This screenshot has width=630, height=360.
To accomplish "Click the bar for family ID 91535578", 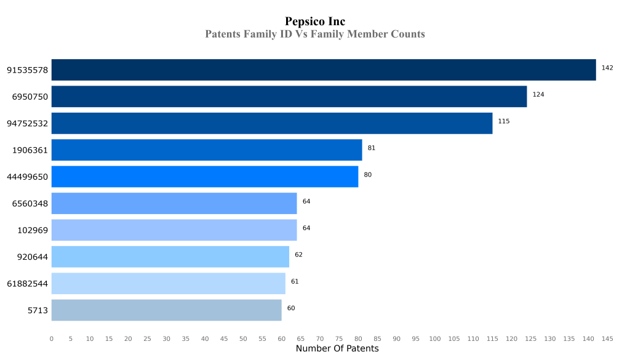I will (x=324, y=70).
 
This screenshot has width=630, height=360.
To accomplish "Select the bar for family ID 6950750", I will (x=289, y=97).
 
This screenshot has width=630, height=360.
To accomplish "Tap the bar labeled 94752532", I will (x=272, y=123).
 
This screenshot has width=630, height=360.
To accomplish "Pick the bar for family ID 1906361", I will (x=207, y=150).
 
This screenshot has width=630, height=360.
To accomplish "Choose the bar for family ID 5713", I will (x=166, y=310).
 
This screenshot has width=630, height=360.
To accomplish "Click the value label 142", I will (x=607, y=68).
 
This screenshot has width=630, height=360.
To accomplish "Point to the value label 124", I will (x=538, y=95).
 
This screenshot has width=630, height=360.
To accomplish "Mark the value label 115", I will (x=504, y=121).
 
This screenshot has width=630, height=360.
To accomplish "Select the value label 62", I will (x=298, y=255).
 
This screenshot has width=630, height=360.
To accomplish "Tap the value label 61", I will (x=295, y=281).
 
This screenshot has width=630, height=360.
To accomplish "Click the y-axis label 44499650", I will (x=27, y=177).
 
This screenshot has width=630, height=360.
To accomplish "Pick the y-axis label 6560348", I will (x=30, y=204).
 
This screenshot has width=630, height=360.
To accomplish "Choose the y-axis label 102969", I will (x=33, y=230).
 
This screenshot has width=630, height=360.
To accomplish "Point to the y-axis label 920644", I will (x=33, y=257).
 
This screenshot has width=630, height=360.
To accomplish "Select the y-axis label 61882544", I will (x=27, y=284).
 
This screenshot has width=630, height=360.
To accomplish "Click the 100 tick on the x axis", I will (x=435, y=338).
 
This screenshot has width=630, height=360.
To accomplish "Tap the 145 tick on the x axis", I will (x=607, y=338).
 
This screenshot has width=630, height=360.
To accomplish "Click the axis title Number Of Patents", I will (x=337, y=349).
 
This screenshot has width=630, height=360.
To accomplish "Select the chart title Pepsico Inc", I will (x=315, y=22).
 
